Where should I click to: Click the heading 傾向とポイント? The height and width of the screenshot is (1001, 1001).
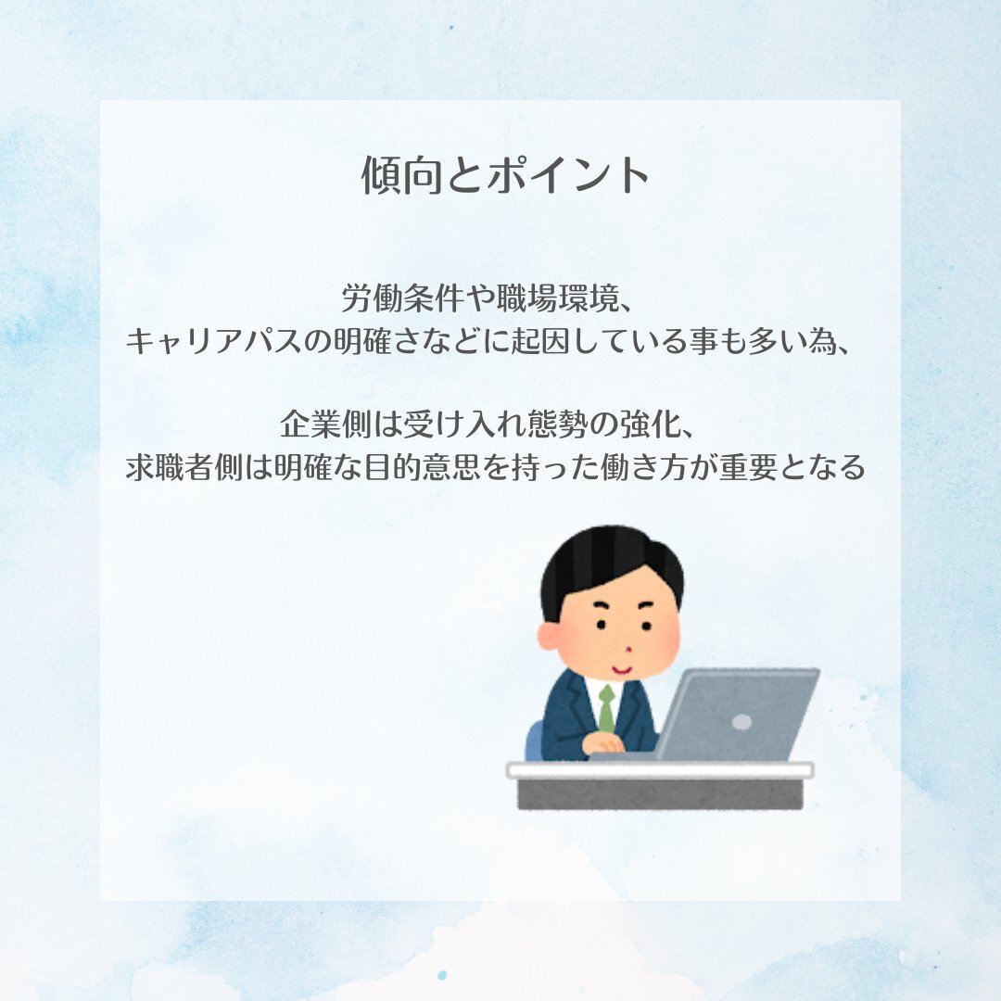pos(505,174)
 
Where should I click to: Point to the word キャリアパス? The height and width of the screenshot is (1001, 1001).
pos(213,341)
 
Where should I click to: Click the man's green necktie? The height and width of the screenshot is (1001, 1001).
pos(607,709)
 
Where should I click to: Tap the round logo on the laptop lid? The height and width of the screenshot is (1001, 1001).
pos(741,722)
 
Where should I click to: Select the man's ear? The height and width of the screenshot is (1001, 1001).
pos(549,637)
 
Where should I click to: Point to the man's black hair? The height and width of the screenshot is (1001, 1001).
pos(610,562)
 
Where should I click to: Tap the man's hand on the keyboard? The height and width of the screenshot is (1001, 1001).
pos(603,742)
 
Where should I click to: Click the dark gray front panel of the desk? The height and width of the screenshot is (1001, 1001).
pos(660,794)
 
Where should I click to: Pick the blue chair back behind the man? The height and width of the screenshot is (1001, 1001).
pos(535,741)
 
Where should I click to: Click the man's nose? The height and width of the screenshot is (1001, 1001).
pos(628,649)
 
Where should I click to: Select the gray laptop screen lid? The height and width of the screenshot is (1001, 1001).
pos(739,714)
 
